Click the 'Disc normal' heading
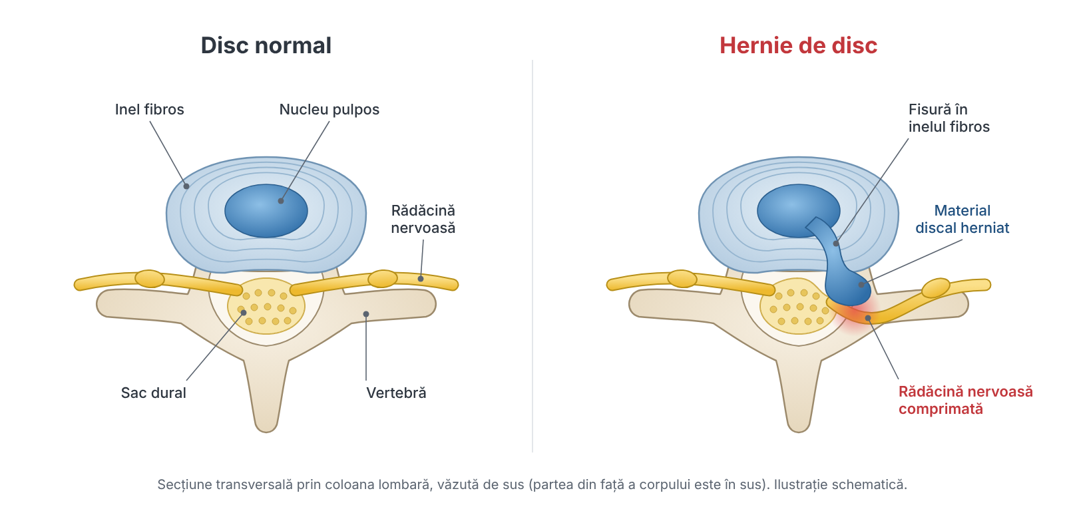(x=266, y=46)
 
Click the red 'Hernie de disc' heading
(x=798, y=46)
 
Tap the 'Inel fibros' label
(x=149, y=109)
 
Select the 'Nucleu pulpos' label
(x=329, y=110)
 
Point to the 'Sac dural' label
(x=153, y=393)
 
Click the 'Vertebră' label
(x=396, y=393)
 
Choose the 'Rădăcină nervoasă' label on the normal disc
(x=423, y=219)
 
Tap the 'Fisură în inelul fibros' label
(x=949, y=118)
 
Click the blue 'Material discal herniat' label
(x=962, y=219)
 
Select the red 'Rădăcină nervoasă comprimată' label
(x=966, y=400)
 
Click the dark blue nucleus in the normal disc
(x=266, y=211)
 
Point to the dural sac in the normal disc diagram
(x=266, y=306)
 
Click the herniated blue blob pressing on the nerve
(x=849, y=287)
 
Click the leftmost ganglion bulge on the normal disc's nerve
(x=150, y=279)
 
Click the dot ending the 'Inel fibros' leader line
(x=186, y=186)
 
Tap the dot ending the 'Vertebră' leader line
(x=366, y=314)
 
